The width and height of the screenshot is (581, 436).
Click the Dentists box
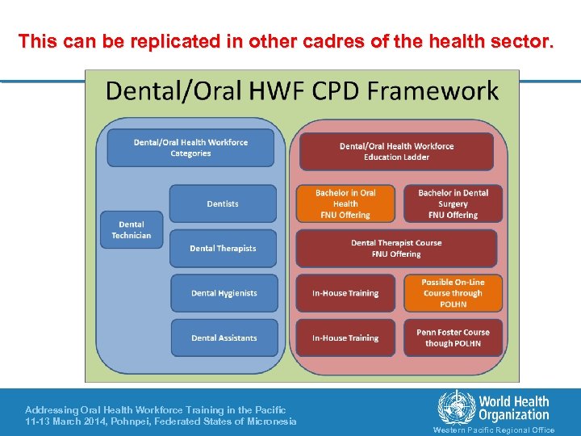click(x=223, y=203)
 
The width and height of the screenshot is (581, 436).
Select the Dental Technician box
click(x=131, y=230)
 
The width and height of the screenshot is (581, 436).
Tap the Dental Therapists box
click(x=223, y=249)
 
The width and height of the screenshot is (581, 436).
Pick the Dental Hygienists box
click(x=224, y=293)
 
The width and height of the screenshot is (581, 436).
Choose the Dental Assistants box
click(x=224, y=337)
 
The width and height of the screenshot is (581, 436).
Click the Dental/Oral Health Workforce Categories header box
click(x=190, y=148)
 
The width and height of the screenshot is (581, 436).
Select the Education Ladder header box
click(x=396, y=152)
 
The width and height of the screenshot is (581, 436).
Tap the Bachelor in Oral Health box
click(x=345, y=203)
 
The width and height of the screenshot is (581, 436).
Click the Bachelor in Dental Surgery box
click(x=453, y=203)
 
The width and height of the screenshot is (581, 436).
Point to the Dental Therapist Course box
click(x=396, y=249)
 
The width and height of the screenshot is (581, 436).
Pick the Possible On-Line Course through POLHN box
click(x=453, y=293)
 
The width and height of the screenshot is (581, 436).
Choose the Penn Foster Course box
click(x=453, y=337)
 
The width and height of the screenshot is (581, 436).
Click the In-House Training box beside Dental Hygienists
click(x=345, y=293)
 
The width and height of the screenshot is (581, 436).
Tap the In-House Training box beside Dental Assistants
click(x=345, y=337)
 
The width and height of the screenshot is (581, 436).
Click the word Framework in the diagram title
click(x=435, y=90)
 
